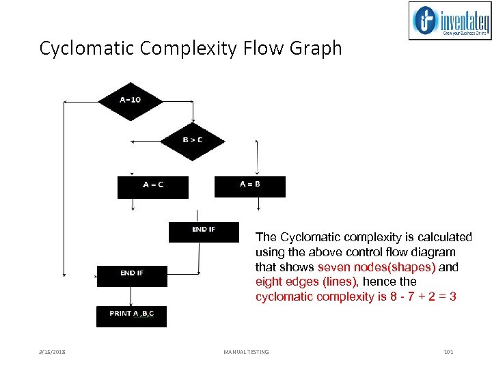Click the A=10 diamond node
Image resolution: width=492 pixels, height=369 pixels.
130,100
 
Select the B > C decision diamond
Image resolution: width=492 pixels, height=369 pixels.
192,141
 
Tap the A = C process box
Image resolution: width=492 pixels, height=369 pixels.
152,186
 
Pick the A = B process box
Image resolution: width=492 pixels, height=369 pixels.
249,185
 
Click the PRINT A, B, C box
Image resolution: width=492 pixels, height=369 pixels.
131,315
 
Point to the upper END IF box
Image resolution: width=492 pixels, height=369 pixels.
204,231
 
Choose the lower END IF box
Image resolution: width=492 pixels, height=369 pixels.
131,275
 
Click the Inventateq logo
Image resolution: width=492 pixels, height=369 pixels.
450,21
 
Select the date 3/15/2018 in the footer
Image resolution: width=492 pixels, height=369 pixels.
52,352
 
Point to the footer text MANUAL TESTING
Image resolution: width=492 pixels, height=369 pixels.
246,352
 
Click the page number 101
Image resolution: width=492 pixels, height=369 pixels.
448,352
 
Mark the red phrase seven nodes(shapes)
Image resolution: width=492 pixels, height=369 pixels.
377,267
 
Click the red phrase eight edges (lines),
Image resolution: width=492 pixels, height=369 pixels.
307,282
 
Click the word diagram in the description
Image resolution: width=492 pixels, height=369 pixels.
435,252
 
